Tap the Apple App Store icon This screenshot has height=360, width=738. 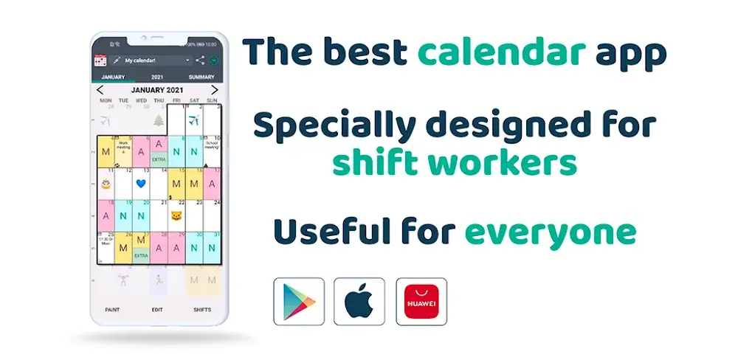tap(359, 301)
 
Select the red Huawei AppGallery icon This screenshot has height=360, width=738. tap(421, 301)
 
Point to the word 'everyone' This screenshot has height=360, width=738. tap(550, 232)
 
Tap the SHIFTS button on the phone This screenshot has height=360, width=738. tap(201, 310)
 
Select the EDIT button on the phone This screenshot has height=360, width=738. tap(157, 310)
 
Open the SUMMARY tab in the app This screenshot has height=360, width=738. tap(201, 77)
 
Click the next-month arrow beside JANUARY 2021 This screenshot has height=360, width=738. tap(215, 90)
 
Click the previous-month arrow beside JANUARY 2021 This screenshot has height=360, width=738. tap(100, 90)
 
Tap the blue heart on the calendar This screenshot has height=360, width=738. tap(141, 182)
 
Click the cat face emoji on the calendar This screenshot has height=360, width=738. tap(176, 215)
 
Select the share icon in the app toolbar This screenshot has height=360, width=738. tap(200, 60)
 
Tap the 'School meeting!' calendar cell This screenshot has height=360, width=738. tap(212, 148)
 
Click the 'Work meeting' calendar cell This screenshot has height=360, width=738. tap(123, 148)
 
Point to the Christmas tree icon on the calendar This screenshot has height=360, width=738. tap(159, 121)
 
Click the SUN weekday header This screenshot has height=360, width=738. tap(212, 100)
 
